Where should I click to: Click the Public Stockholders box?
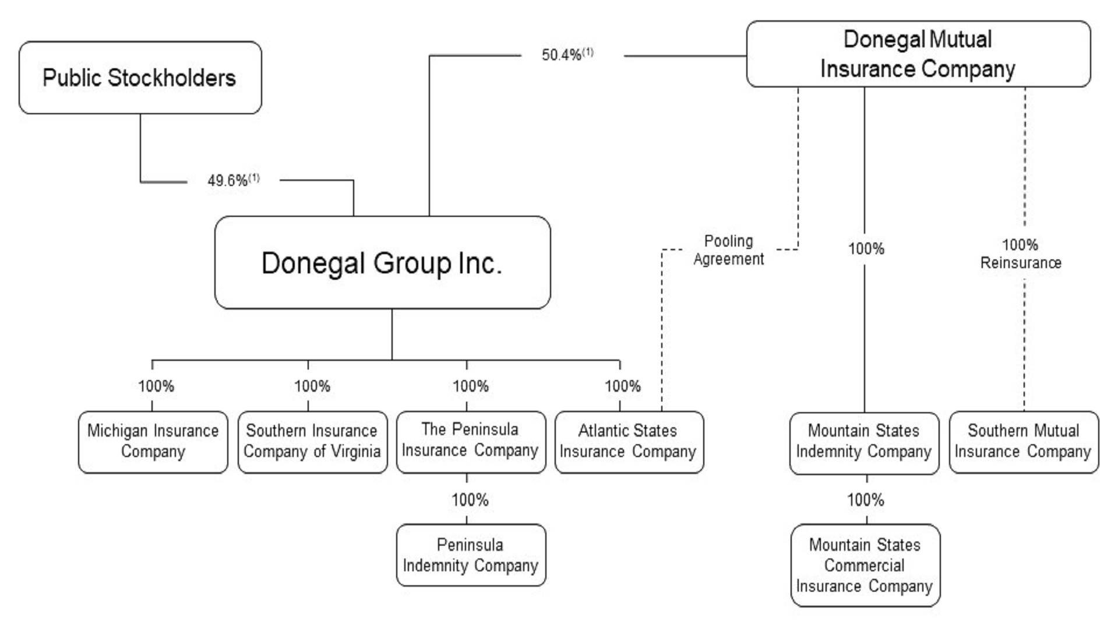[140, 78]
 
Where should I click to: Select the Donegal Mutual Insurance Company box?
[918, 54]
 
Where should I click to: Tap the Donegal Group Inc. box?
[382, 262]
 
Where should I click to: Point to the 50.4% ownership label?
[567, 54]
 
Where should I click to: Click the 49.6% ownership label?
[233, 180]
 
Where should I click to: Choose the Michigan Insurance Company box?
[153, 441]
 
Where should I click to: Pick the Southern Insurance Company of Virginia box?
[312, 441]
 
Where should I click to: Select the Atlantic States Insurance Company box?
[629, 441]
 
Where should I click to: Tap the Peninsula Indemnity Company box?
[471, 555]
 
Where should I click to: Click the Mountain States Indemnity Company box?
[864, 442]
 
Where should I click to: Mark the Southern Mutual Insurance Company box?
[1024, 441]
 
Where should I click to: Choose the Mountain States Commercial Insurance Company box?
[865, 565]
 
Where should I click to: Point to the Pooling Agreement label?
[728, 250]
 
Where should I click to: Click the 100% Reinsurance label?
[1021, 254]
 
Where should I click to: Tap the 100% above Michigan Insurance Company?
[156, 386]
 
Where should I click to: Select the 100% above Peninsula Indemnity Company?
[470, 500]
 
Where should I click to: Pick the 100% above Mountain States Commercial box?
[866, 500]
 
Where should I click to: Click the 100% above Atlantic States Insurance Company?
[623, 386]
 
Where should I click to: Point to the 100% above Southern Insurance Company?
[312, 386]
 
